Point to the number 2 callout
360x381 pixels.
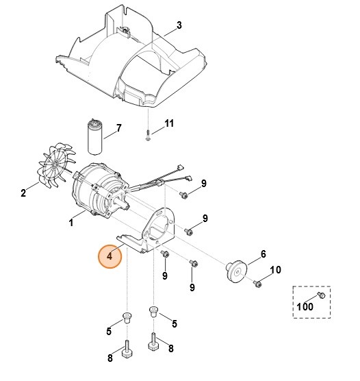pos(23,193)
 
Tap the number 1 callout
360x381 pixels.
pos(70,223)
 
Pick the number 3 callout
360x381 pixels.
pos(179,25)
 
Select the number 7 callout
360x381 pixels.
pos(118,128)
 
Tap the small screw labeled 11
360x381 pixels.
pos(148,136)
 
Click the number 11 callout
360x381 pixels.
pos(169,123)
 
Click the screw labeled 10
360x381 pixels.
pos(257,283)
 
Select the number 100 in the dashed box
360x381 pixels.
pos(305,306)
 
